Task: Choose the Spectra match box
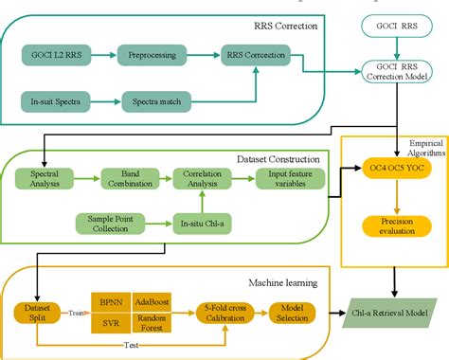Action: click(x=152, y=99)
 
